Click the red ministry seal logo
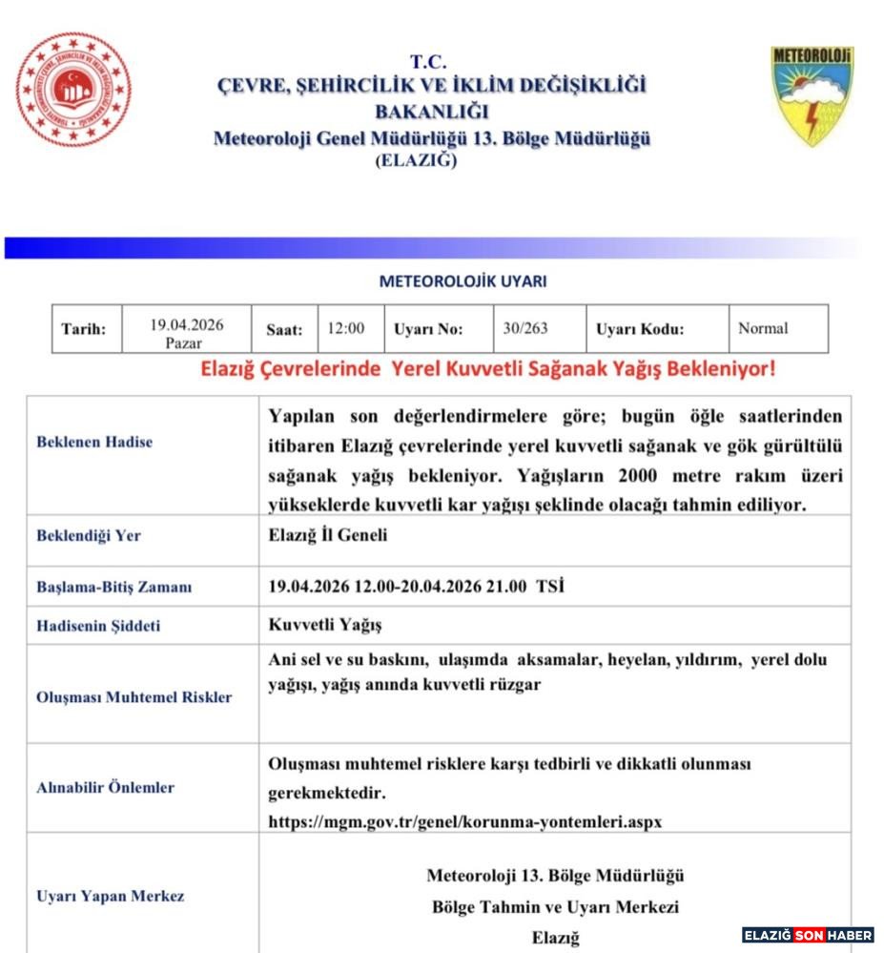click(74, 91)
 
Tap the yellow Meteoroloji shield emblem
click(812, 95)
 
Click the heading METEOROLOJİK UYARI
click(463, 281)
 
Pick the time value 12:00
click(345, 328)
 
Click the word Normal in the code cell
click(763, 328)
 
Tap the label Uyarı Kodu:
click(640, 329)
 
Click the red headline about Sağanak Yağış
click(487, 368)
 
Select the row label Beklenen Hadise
click(94, 442)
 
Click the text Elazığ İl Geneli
click(328, 535)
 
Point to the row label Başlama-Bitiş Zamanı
click(113, 587)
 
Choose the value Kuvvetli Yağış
click(324, 625)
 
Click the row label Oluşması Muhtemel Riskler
click(134, 696)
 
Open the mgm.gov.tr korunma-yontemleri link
click(464, 820)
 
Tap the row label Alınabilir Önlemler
click(105, 787)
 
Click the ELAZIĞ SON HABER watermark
click(807, 935)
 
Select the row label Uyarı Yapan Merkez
click(110, 896)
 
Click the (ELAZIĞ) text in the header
click(417, 160)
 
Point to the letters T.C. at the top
click(429, 62)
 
